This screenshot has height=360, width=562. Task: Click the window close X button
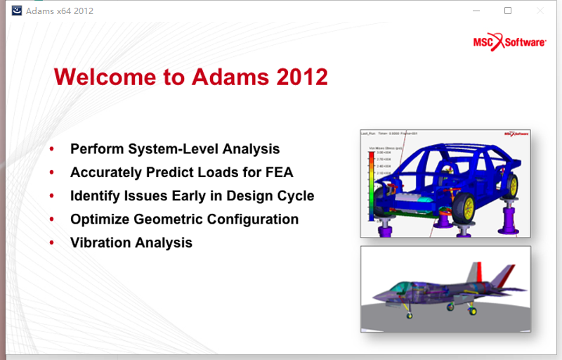(540, 11)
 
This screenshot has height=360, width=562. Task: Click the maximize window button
(508, 11)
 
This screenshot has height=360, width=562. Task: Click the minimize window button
(476, 11)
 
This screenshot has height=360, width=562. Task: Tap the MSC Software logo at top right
(510, 42)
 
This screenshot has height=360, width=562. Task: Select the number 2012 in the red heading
(302, 77)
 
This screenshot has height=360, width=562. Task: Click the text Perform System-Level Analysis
(175, 149)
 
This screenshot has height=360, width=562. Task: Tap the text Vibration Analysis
(131, 243)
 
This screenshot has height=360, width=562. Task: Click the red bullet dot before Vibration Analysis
(52, 243)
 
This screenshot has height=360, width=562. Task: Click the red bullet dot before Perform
(52, 150)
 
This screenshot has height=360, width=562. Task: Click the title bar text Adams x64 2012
(60, 11)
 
